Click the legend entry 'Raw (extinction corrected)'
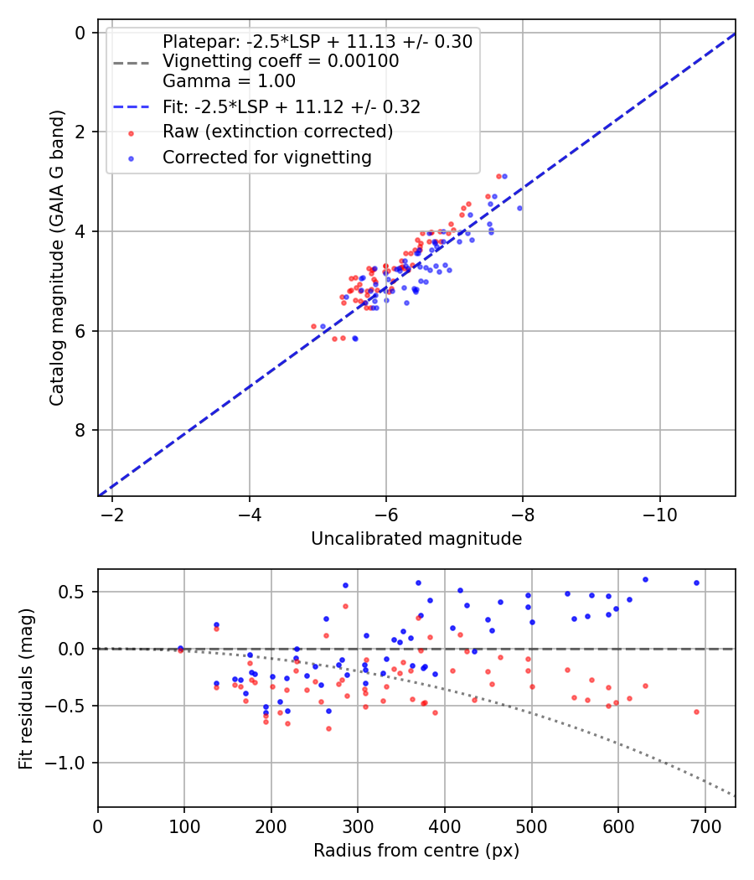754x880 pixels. coord(277,132)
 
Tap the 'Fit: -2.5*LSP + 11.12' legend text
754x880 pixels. coord(292,107)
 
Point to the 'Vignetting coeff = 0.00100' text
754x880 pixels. coord(281,61)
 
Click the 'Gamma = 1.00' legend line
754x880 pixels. coord(229,81)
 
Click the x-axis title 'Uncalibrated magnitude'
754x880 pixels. coord(416,539)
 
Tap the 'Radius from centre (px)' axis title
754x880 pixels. coord(416,851)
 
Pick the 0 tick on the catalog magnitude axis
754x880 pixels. coord(80,33)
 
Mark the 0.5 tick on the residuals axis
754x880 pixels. coord(74,592)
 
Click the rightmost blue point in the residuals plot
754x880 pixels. coord(696,582)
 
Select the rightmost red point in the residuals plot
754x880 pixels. coord(696,712)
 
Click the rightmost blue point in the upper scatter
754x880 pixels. coord(519,208)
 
